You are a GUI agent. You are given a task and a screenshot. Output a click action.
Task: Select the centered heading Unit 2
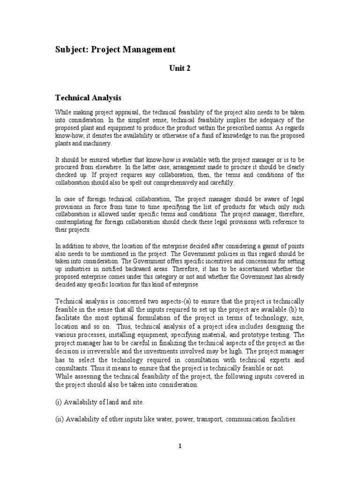180,68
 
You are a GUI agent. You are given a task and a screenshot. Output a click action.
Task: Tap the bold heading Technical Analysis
88,98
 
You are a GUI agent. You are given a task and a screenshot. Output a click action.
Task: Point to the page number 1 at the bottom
180,446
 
